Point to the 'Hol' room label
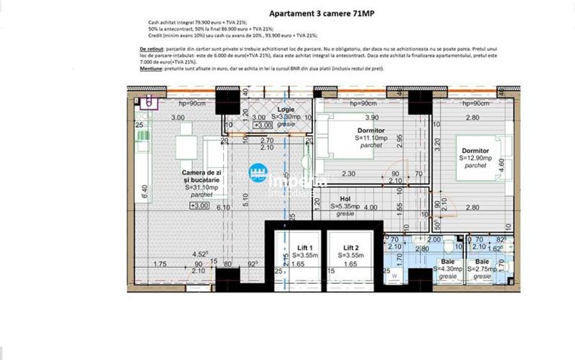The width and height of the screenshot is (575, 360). pyautogui.click(x=345, y=199)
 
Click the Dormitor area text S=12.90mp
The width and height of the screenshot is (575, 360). pyautogui.click(x=476, y=158)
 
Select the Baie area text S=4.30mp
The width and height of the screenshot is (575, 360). pyautogui.click(x=447, y=269)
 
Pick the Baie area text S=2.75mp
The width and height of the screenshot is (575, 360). pyautogui.click(x=482, y=269)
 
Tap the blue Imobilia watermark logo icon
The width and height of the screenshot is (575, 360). pyautogui.click(x=257, y=173)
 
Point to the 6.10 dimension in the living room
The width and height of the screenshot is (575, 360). pyautogui.click(x=223, y=207)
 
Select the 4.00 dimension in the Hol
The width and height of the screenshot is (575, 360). pyautogui.click(x=370, y=207)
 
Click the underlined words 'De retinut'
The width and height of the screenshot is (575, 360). pyautogui.click(x=151, y=49)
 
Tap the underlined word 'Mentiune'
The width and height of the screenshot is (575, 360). pyautogui.click(x=150, y=68)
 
